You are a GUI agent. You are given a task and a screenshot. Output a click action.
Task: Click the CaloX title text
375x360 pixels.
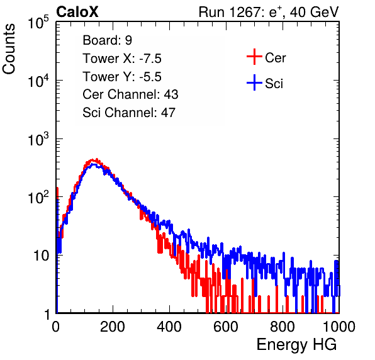click(77, 12)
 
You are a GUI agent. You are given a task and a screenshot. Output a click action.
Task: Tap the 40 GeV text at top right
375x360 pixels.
click(314, 12)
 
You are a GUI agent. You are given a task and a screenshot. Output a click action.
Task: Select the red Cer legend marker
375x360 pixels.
click(254, 57)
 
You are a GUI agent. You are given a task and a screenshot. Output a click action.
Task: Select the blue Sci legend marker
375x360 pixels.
click(254, 82)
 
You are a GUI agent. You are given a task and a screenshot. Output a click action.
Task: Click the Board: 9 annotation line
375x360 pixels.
click(107, 40)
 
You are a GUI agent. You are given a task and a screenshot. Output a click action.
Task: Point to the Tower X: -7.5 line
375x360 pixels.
click(122, 59)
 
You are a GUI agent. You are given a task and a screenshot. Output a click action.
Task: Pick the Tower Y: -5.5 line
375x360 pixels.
click(122, 77)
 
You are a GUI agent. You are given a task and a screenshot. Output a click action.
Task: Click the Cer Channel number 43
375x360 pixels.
click(171, 94)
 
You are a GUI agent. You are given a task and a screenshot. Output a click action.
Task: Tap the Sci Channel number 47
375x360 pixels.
click(168, 113)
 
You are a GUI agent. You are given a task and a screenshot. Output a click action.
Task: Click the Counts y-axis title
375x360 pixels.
click(9, 49)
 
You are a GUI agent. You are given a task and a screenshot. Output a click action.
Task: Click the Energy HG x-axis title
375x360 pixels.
click(296, 345)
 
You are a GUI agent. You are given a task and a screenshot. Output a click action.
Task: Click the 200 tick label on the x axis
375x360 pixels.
click(113, 327)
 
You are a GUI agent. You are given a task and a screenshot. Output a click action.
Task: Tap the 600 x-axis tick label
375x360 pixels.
click(226, 327)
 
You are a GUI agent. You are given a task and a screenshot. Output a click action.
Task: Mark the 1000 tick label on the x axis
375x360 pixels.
click(339, 327)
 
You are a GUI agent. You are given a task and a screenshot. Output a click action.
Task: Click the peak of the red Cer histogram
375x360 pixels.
click(97, 159)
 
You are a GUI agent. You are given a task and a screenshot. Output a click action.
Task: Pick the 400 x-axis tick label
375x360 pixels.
click(169, 327)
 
